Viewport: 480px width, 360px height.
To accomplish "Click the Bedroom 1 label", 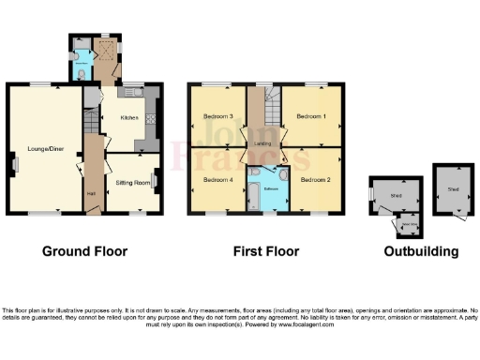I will (x=310, y=116).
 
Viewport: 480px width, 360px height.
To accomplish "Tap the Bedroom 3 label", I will (x=217, y=116).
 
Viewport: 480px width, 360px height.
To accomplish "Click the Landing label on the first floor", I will (x=263, y=142).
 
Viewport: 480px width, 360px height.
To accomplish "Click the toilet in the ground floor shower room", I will (x=83, y=72).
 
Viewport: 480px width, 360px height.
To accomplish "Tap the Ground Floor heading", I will (x=84, y=251).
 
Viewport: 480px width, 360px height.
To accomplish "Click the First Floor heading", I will (x=266, y=251).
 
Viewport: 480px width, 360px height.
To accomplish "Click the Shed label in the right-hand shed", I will (x=453, y=188).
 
